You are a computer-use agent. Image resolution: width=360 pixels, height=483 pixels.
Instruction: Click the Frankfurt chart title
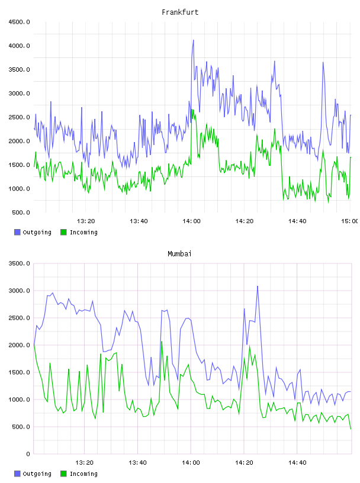pyautogui.click(x=180, y=12)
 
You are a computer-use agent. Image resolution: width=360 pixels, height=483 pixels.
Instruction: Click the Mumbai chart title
pyautogui.click(x=179, y=253)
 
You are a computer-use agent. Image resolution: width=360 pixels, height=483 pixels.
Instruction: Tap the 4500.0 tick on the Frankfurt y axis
pyautogui.click(x=19, y=22)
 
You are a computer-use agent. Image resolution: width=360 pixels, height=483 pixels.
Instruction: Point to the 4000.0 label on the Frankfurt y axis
pyautogui.click(x=19, y=46)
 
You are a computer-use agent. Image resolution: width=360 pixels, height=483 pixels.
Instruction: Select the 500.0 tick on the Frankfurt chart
pyautogui.click(x=21, y=212)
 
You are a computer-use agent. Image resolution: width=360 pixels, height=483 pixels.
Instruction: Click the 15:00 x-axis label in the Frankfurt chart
pyautogui.click(x=349, y=221)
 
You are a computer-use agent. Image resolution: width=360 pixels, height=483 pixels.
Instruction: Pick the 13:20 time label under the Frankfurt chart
pyautogui.click(x=86, y=221)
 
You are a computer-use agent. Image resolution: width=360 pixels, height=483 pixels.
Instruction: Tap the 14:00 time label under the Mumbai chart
pyautogui.click(x=191, y=463)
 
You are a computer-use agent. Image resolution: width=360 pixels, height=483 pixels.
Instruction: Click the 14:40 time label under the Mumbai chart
pyautogui.click(x=297, y=463)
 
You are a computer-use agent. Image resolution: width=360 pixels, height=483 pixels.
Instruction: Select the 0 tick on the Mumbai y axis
pyautogui.click(x=28, y=454)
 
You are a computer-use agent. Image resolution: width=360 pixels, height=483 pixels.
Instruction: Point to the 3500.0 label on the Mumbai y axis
pyautogui.click(x=19, y=263)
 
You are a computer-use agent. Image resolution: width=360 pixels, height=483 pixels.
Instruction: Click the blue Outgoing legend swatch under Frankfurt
pyautogui.click(x=17, y=232)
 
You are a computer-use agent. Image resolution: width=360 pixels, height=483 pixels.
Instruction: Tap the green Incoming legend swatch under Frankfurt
pyautogui.click(x=63, y=232)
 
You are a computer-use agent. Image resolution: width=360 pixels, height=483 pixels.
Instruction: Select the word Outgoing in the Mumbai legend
pyautogui.click(x=37, y=474)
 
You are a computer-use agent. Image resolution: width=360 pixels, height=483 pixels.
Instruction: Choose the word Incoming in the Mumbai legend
pyautogui.click(x=83, y=474)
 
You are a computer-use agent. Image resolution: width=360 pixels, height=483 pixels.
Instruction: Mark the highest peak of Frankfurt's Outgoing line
pyautogui.click(x=193, y=40)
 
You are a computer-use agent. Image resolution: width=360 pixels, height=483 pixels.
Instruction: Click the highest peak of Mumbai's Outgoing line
pyautogui.click(x=258, y=286)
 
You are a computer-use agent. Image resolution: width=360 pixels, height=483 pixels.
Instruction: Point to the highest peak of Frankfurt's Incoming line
pyautogui.click(x=192, y=110)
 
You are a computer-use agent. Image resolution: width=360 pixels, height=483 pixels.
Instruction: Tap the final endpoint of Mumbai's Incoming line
pyautogui.click(x=351, y=429)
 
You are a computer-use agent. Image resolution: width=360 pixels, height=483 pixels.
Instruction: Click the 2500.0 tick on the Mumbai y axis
pyautogui.click(x=19, y=318)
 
